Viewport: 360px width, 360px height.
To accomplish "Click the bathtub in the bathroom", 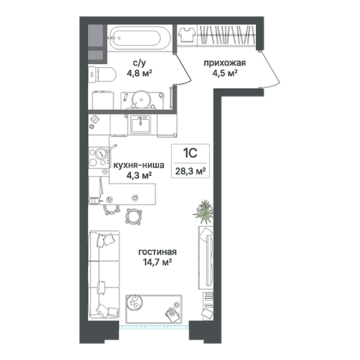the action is [139, 38].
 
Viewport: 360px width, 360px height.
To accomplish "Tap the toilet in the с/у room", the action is [103, 74].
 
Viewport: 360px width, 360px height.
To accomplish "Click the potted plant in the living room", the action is [203, 211].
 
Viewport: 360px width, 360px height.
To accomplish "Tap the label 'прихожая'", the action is [225, 62].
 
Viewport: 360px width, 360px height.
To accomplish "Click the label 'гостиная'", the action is [157, 252].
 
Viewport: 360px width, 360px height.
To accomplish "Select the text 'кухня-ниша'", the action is [139, 165].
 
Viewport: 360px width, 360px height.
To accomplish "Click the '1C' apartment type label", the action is [190, 154].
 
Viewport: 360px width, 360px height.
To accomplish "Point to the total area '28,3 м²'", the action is [190, 171].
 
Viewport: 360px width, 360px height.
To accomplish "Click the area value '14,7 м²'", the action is [157, 262].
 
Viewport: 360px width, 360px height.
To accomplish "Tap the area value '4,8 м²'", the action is [139, 73].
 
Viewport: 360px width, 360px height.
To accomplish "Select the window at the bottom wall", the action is [154, 327].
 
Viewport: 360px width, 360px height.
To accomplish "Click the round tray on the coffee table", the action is [134, 302].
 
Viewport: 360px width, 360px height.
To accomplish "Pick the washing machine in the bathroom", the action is [103, 100].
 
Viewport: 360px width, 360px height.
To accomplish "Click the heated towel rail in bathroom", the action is [170, 98].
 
